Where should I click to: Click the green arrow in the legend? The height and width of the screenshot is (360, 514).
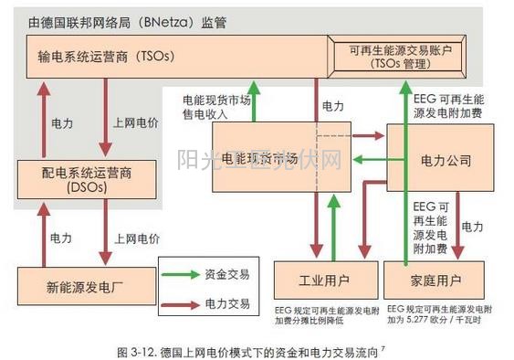pyautogui.click(x=189, y=273)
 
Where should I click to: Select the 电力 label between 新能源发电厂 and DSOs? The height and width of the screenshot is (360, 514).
pyautogui.click(x=61, y=238)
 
